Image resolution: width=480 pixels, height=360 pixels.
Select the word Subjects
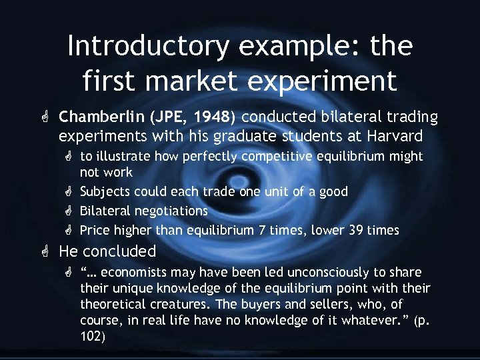coord(105,192)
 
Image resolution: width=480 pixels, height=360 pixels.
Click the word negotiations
coord(172,211)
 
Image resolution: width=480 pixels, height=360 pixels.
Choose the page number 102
coord(92,337)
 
